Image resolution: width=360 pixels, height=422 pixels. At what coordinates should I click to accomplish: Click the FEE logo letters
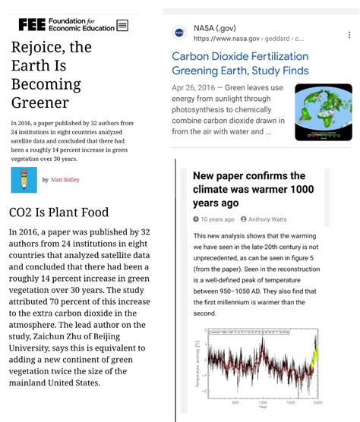(x=32, y=24)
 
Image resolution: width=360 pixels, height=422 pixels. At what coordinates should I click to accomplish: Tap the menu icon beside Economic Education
(x=122, y=25)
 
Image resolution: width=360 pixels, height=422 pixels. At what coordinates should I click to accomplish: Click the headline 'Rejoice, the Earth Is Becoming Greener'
(x=51, y=74)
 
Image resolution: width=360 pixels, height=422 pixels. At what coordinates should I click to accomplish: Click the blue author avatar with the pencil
(x=24, y=180)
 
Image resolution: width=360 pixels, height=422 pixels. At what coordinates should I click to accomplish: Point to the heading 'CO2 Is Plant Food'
(x=58, y=213)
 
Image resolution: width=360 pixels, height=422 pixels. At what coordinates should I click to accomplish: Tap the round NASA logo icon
(x=179, y=33)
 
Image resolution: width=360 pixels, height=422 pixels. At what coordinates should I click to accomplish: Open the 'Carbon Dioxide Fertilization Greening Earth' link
(x=240, y=64)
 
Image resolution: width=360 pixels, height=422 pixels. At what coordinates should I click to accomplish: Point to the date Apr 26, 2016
(x=194, y=87)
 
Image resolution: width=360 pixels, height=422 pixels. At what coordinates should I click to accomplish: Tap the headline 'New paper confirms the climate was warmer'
(x=249, y=189)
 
